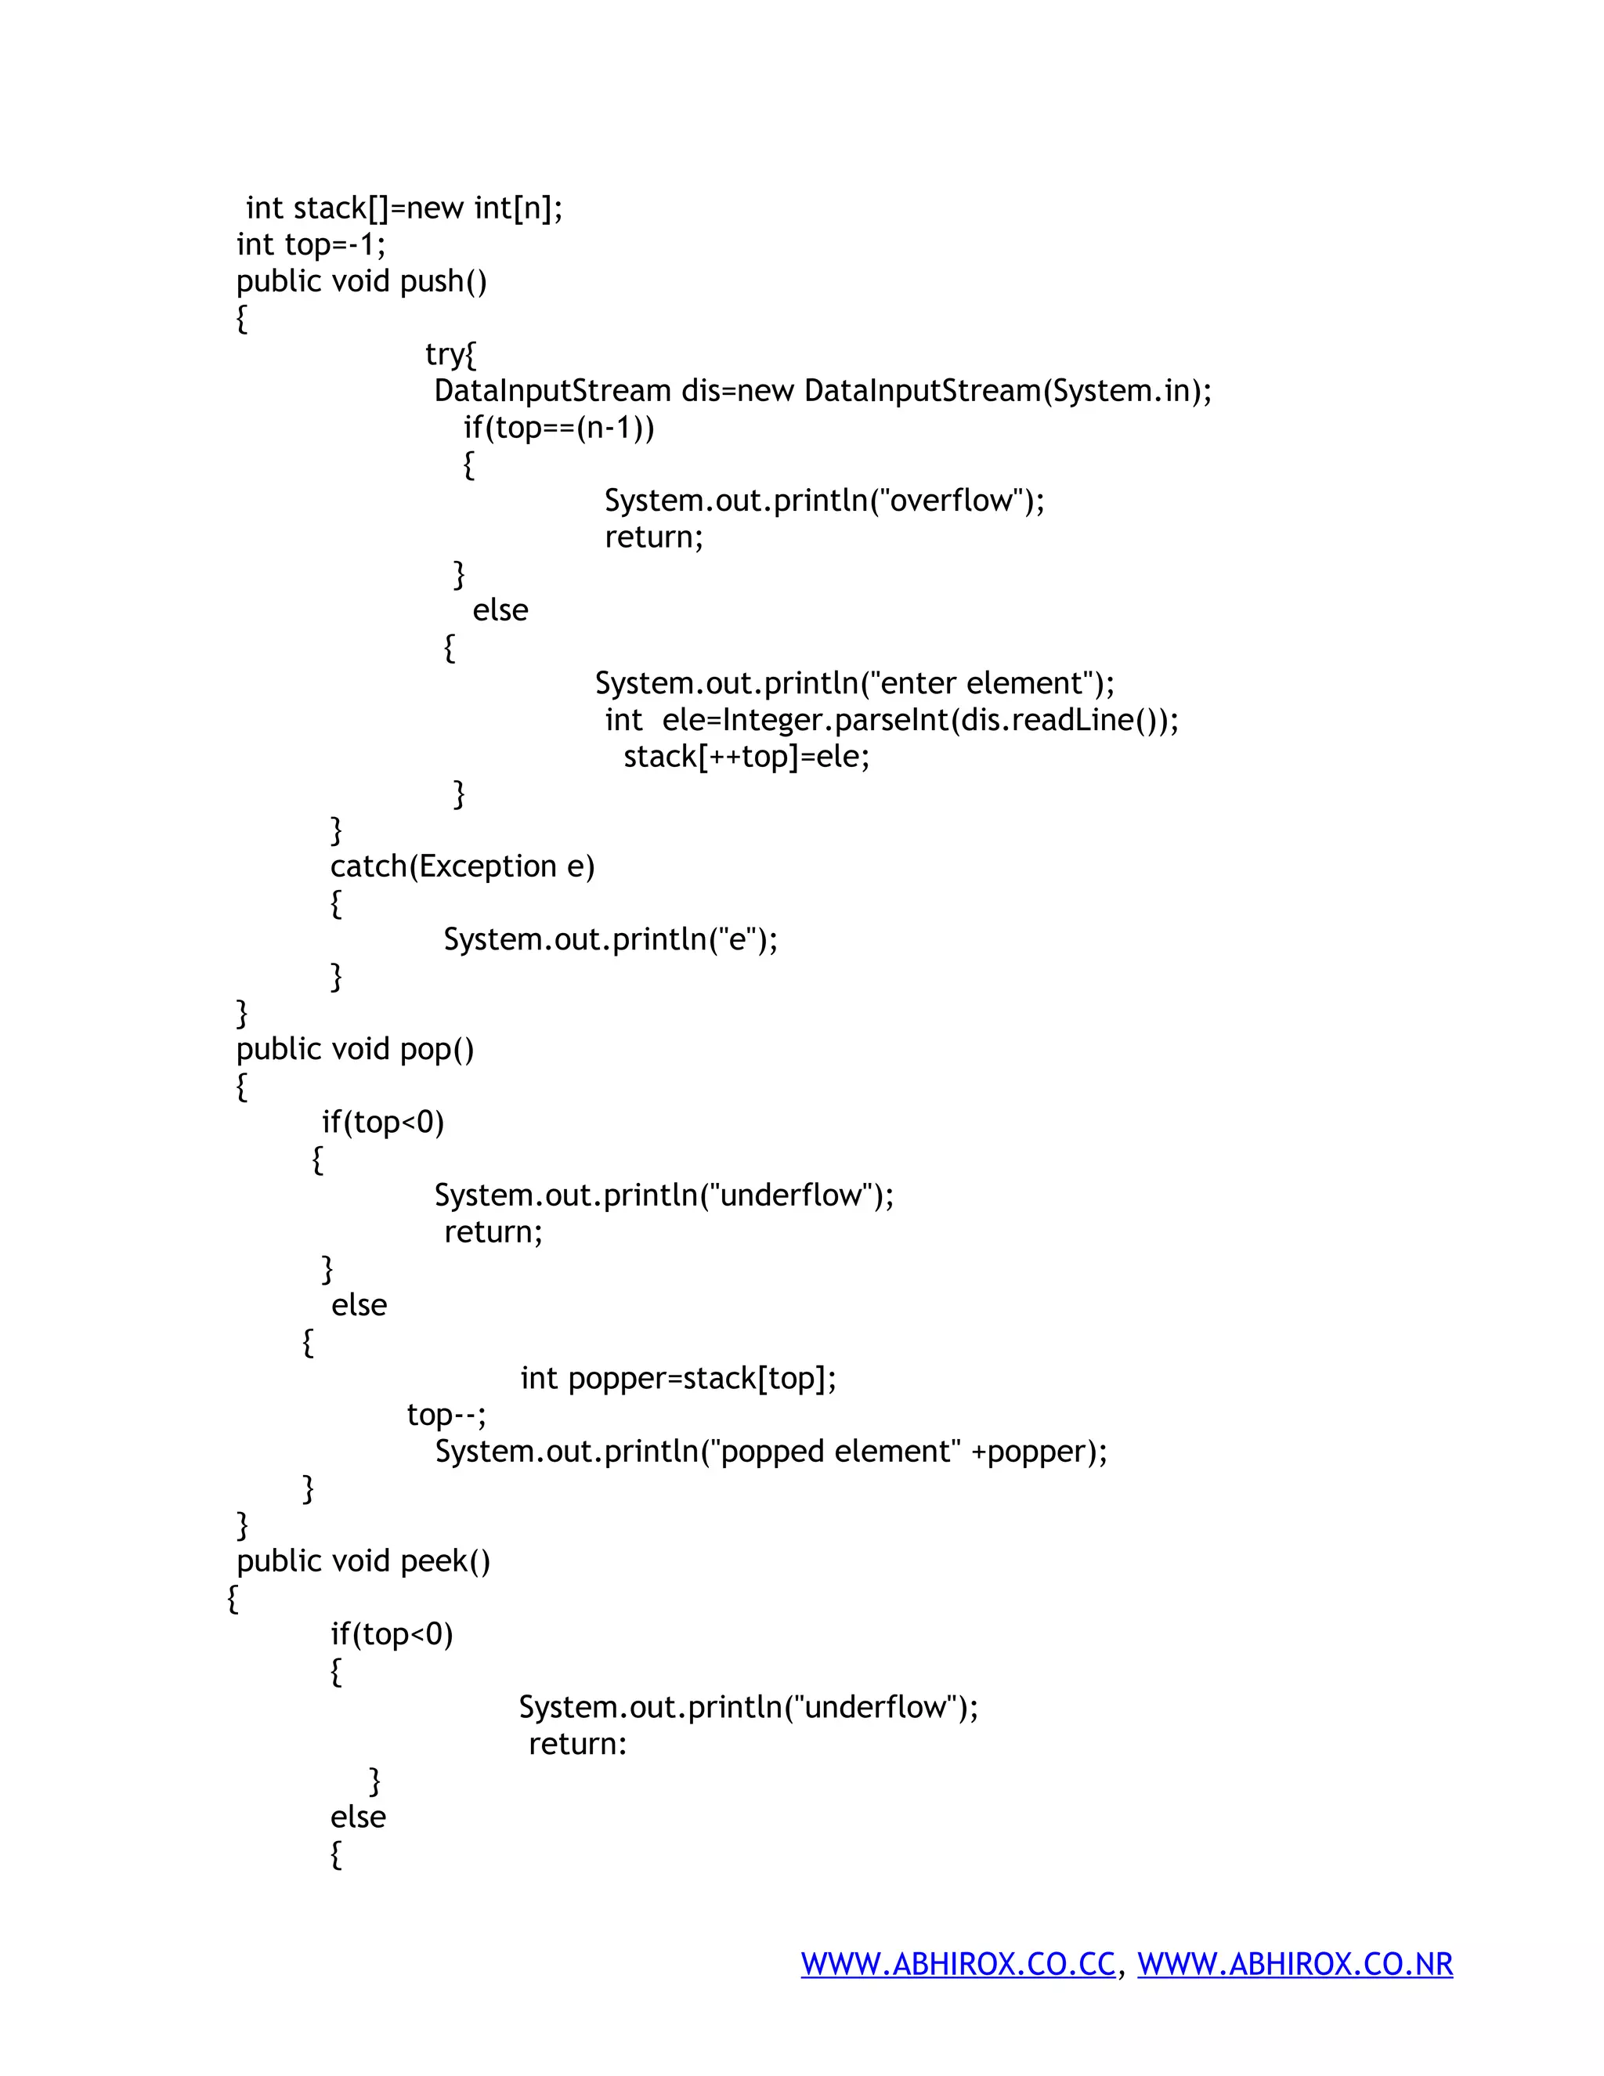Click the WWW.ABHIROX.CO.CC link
[x=957, y=1964]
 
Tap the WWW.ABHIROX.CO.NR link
[x=1295, y=1964]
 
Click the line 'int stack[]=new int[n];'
[x=404, y=208]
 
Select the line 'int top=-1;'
[x=311, y=245]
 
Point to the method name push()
[x=444, y=281]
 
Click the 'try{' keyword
[x=450, y=355]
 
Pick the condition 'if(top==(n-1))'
[x=558, y=428]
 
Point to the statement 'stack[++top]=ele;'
[x=746, y=757]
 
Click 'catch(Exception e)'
[x=462, y=867]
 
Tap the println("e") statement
[x=610, y=940]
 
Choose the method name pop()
[x=437, y=1050]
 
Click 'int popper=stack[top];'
[x=678, y=1378]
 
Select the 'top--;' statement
[x=446, y=1416]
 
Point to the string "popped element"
[x=836, y=1452]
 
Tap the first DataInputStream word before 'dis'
[x=552, y=391]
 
